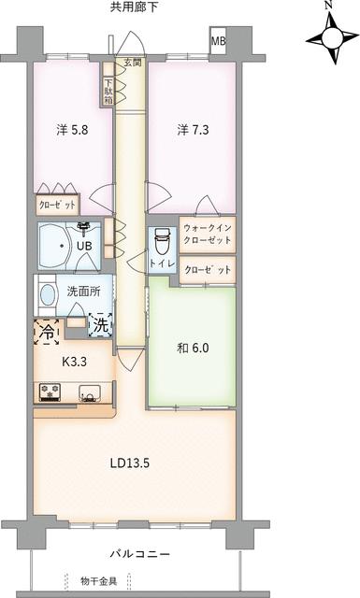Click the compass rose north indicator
click(x=328, y=37)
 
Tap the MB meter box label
click(x=217, y=42)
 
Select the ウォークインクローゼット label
click(x=208, y=235)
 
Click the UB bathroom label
click(x=84, y=248)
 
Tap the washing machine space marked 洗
click(x=100, y=325)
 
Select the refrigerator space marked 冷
click(x=47, y=331)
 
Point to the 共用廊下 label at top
click(x=137, y=7)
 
